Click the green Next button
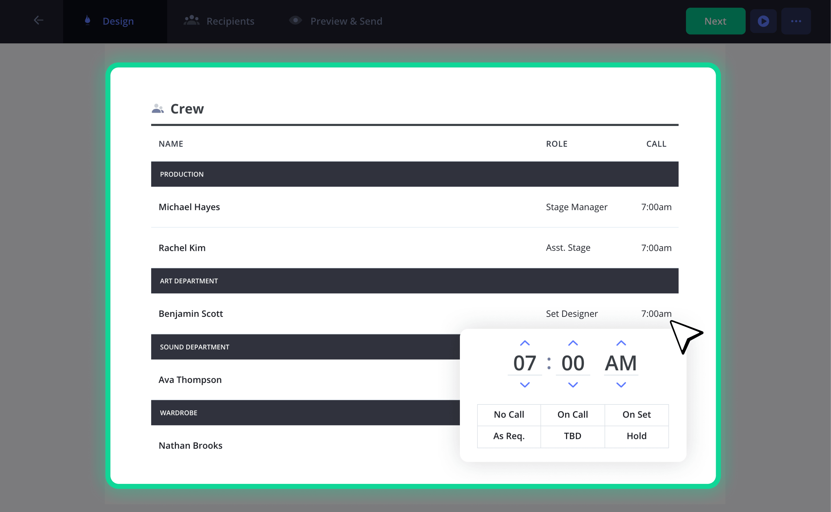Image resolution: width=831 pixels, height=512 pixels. click(715, 21)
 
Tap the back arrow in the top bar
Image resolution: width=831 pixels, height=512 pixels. click(39, 20)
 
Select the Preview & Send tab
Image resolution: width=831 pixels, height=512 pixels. click(336, 21)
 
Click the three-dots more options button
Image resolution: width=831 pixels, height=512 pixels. click(796, 21)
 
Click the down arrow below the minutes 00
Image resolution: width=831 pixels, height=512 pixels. click(573, 385)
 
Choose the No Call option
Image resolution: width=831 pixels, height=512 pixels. click(509, 414)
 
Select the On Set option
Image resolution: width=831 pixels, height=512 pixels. click(637, 414)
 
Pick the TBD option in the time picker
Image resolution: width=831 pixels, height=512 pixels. click(573, 436)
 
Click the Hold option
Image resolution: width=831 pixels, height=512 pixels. click(637, 436)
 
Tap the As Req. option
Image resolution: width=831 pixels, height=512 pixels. click(509, 436)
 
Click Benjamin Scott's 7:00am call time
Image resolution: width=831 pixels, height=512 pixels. click(656, 313)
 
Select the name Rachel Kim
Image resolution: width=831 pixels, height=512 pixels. click(182, 248)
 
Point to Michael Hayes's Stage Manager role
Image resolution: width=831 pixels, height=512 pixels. click(577, 207)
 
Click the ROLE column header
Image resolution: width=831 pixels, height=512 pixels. click(557, 144)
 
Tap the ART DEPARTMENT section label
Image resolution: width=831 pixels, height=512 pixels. click(189, 281)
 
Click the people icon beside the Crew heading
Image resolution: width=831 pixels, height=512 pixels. click(158, 108)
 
